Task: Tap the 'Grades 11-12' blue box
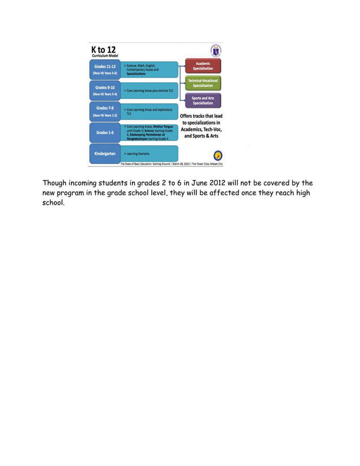coord(104,69)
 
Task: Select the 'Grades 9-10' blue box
coord(104,90)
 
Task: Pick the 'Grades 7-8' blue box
coord(104,111)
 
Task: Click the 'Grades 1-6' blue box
coord(104,133)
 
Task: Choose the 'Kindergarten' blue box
coord(104,153)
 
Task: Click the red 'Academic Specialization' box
coord(203,66)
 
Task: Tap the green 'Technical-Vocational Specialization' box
coord(203,83)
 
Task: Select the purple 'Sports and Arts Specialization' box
coord(203,100)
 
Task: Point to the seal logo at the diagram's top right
coord(215,50)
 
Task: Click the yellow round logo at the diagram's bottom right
coord(217,155)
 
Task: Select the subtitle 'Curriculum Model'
coord(105,57)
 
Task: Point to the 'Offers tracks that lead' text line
coord(201,116)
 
